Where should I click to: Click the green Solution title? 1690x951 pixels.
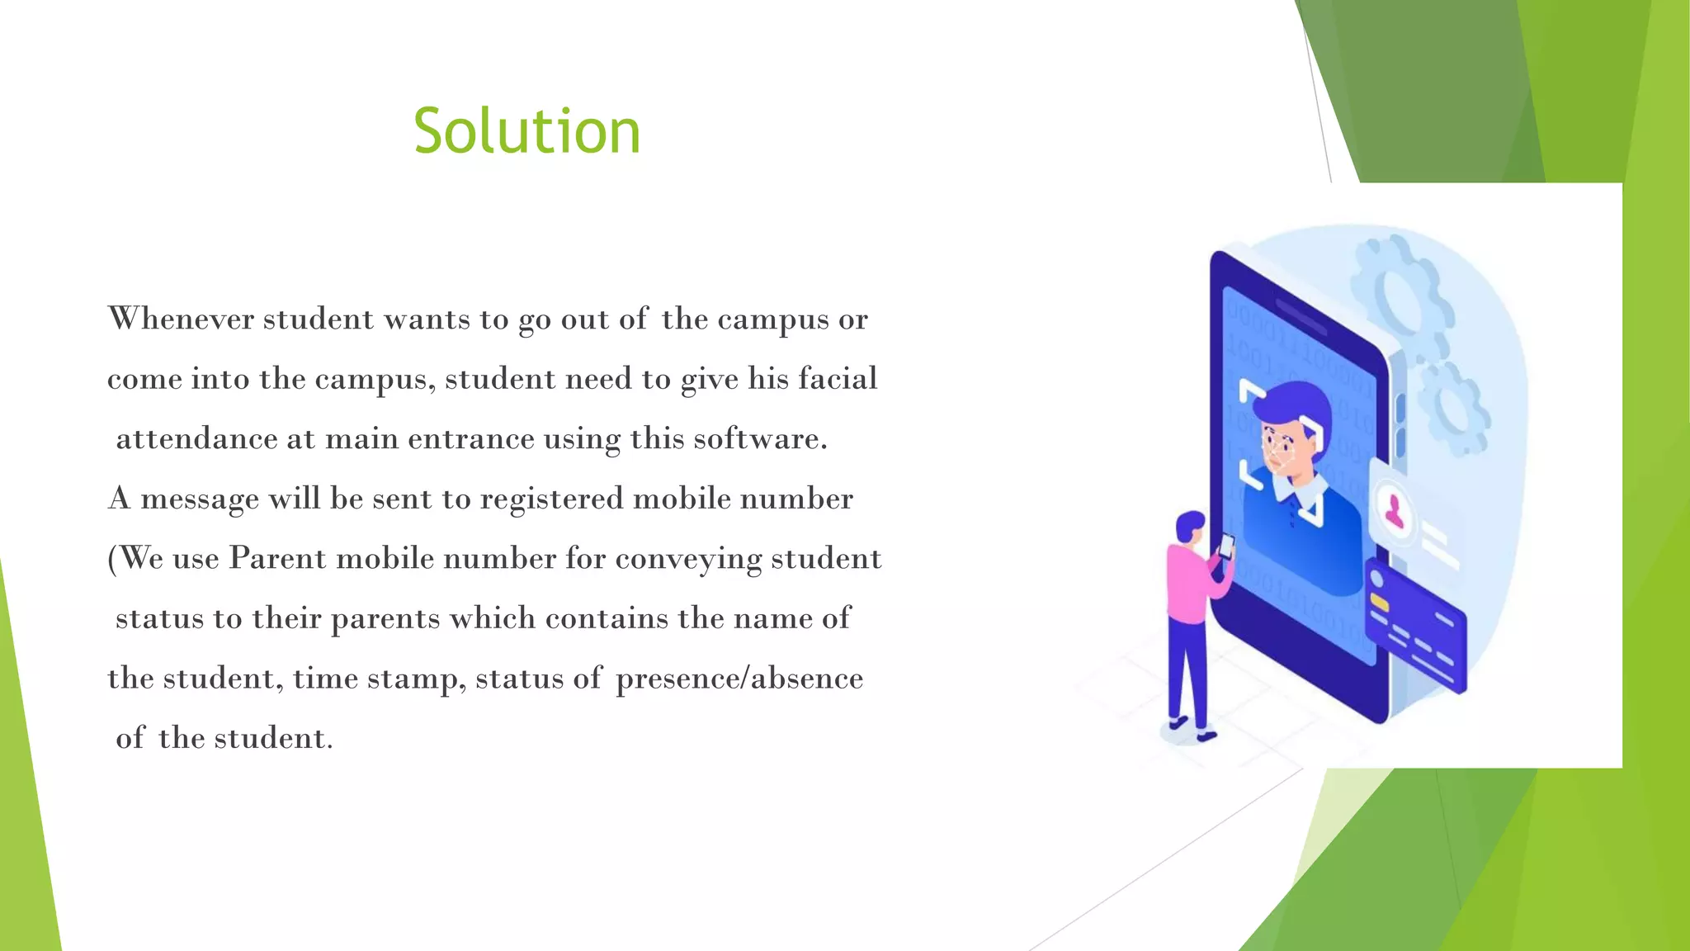tap(526, 132)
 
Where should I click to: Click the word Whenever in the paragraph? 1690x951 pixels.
tap(181, 319)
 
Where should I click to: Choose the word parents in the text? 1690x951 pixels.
tap(385, 619)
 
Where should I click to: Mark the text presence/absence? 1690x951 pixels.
tap(739, 679)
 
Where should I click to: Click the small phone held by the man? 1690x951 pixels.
tap(1227, 546)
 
